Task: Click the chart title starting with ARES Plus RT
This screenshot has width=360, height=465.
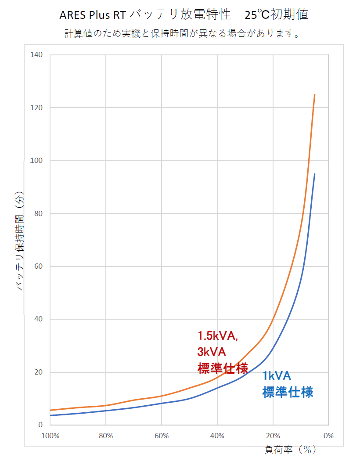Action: [x=184, y=15]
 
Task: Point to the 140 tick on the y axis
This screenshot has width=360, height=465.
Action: [x=36, y=55]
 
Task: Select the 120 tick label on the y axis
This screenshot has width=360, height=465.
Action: [x=36, y=108]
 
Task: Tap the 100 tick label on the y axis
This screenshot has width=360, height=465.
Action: [x=36, y=161]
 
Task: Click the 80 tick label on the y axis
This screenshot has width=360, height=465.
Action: [x=38, y=213]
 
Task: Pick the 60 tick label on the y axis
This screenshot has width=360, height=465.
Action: [x=38, y=267]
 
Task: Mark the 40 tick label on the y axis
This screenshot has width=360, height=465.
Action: [x=38, y=319]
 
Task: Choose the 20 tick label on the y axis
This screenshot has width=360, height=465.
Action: [x=38, y=372]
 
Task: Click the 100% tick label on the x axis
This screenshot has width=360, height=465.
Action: [x=50, y=436]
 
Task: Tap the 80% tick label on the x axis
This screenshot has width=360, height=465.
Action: [x=106, y=436]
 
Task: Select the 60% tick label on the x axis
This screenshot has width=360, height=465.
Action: [x=162, y=436]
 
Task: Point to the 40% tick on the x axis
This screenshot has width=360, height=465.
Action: [x=217, y=436]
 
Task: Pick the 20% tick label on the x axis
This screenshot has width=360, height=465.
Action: [x=273, y=436]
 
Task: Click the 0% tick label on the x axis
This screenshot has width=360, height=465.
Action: [x=328, y=436]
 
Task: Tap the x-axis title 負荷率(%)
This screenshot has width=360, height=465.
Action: [x=290, y=450]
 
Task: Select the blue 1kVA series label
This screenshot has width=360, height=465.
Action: [x=277, y=376]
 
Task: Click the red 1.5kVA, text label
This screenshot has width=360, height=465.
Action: [x=218, y=336]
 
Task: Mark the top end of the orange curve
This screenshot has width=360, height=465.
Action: [x=314, y=94]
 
